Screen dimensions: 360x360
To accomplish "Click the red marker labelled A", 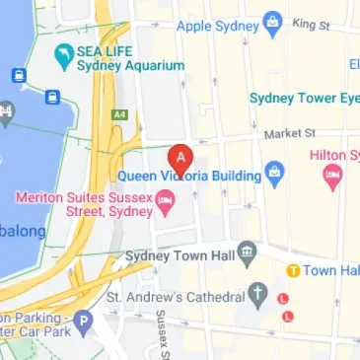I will [x=180, y=158].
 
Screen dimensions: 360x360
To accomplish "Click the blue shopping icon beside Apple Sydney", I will [x=275, y=23].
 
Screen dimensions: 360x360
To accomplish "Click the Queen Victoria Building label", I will [x=190, y=177].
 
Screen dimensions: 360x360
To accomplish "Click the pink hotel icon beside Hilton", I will [x=332, y=177].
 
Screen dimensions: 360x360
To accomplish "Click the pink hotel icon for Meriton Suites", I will [x=166, y=204].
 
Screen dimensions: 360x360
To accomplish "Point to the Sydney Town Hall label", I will [x=181, y=255].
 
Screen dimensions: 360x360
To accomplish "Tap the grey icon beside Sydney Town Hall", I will [x=247, y=253].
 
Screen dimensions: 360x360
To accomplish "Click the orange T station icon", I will [x=293, y=270].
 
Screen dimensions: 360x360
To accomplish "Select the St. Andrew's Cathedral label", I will [x=176, y=296].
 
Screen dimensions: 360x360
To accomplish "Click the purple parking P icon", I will [x=85, y=322].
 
